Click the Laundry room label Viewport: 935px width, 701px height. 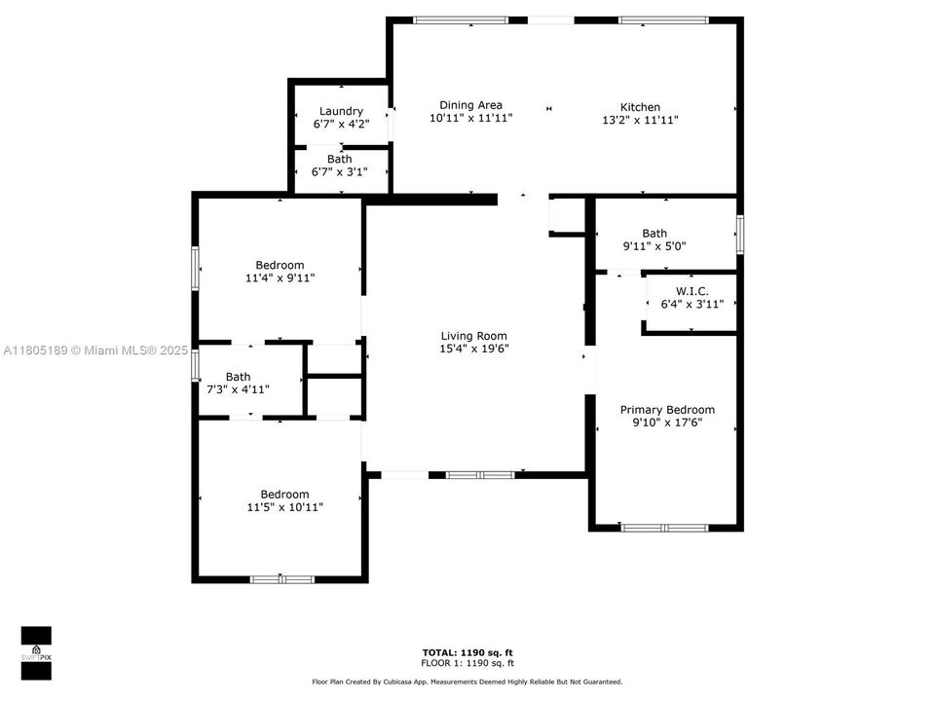coord(341,111)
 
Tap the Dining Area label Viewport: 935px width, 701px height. coord(470,105)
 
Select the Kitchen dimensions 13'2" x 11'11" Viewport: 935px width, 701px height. coord(640,120)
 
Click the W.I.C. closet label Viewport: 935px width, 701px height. coord(692,291)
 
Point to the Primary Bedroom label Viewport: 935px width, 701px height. coord(667,410)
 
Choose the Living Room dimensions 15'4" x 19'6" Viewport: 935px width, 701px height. coord(473,349)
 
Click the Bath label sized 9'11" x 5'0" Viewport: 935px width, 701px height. coord(654,233)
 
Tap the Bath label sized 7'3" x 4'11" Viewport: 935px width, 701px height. coord(238,376)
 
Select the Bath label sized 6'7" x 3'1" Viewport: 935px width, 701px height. coord(340,159)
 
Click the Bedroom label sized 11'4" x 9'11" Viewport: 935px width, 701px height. coord(280,265)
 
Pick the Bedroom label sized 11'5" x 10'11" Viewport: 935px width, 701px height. coord(284,494)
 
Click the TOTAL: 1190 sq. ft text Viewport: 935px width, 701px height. coord(467,651)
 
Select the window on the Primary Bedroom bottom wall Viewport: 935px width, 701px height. coord(665,528)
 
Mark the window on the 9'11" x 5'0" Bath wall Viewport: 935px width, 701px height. coord(739,234)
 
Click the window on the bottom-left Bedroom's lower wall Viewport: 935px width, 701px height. coord(282,579)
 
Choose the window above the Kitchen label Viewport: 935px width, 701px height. coord(663,19)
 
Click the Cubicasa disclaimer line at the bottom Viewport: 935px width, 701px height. coord(467,682)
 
